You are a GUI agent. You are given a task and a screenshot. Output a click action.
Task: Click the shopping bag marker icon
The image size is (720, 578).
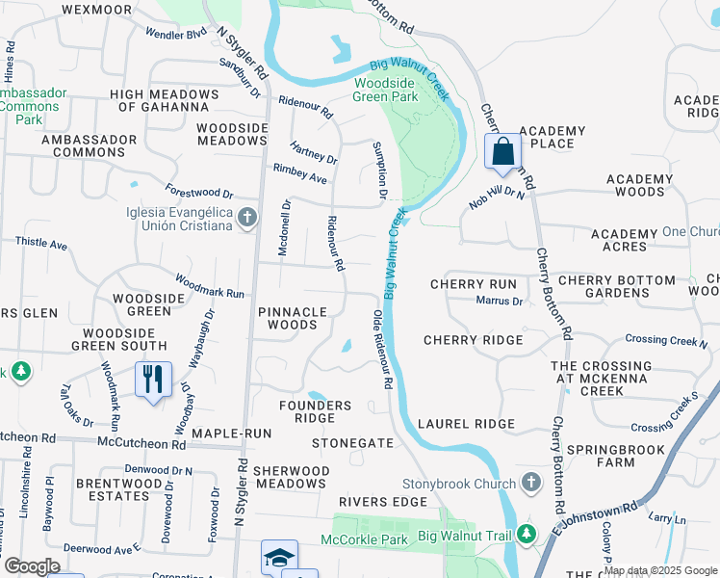pyautogui.click(x=502, y=152)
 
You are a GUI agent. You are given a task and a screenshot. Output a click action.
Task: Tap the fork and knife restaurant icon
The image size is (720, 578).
pyautogui.click(x=152, y=380)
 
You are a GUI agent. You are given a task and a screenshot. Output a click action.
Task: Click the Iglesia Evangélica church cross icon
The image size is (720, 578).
pyautogui.click(x=247, y=218)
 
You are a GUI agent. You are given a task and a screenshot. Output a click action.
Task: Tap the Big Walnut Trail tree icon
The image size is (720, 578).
pyautogui.click(x=525, y=533)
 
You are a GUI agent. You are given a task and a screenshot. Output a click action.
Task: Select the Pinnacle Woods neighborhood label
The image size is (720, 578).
pyautogui.click(x=293, y=319)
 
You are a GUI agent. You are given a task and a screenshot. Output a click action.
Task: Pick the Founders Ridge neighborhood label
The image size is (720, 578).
pyautogui.click(x=315, y=412)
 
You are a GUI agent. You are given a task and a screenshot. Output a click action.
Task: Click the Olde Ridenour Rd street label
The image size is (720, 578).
pyautogui.click(x=381, y=349)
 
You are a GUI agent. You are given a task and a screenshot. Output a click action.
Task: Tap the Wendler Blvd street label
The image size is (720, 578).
pyautogui.click(x=176, y=34)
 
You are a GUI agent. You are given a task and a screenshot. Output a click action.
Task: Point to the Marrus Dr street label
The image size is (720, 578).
pyautogui.click(x=500, y=302)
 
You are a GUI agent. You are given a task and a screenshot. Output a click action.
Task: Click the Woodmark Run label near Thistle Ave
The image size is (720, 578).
pyautogui.click(x=209, y=286)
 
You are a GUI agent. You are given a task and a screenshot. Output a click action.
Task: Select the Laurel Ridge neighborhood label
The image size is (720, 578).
pyautogui.click(x=467, y=424)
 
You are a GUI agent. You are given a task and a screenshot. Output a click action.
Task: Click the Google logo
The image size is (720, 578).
pyautogui.click(x=31, y=566)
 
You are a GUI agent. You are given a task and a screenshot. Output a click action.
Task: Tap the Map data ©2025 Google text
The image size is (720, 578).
pyautogui.click(x=659, y=570)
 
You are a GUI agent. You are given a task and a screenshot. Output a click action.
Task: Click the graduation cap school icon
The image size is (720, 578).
pyautogui.click(x=279, y=558)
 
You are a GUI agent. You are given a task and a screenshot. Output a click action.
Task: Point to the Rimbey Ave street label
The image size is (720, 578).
pyautogui.click(x=300, y=179)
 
